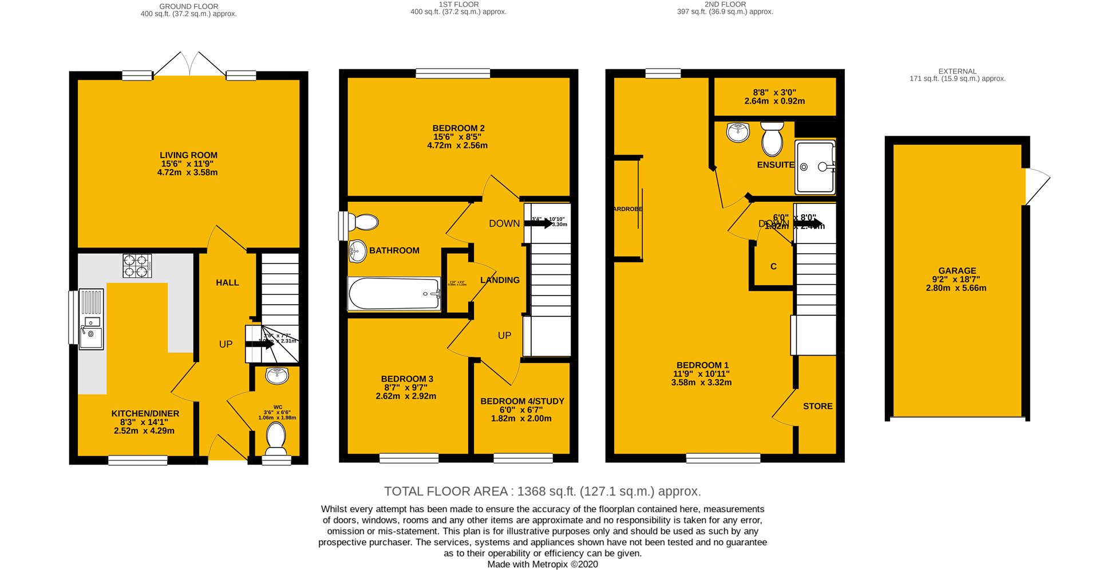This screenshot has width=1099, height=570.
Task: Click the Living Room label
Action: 188,155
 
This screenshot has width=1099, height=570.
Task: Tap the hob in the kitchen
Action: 137,266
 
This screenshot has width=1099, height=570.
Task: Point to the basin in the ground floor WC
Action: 278,376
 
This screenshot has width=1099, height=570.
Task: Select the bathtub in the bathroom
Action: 394,294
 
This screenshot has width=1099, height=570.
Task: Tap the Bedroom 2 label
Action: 458,128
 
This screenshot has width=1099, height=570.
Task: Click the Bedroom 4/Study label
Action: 522,401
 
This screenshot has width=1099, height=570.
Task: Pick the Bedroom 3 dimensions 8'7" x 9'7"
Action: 406,387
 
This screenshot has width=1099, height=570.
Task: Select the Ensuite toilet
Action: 772,139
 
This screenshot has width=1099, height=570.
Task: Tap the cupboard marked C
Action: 773,266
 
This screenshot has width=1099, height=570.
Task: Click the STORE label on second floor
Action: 817,406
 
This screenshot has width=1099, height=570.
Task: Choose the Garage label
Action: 957,271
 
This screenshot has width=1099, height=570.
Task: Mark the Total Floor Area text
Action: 542,492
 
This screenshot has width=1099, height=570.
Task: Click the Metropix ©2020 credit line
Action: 542,564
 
